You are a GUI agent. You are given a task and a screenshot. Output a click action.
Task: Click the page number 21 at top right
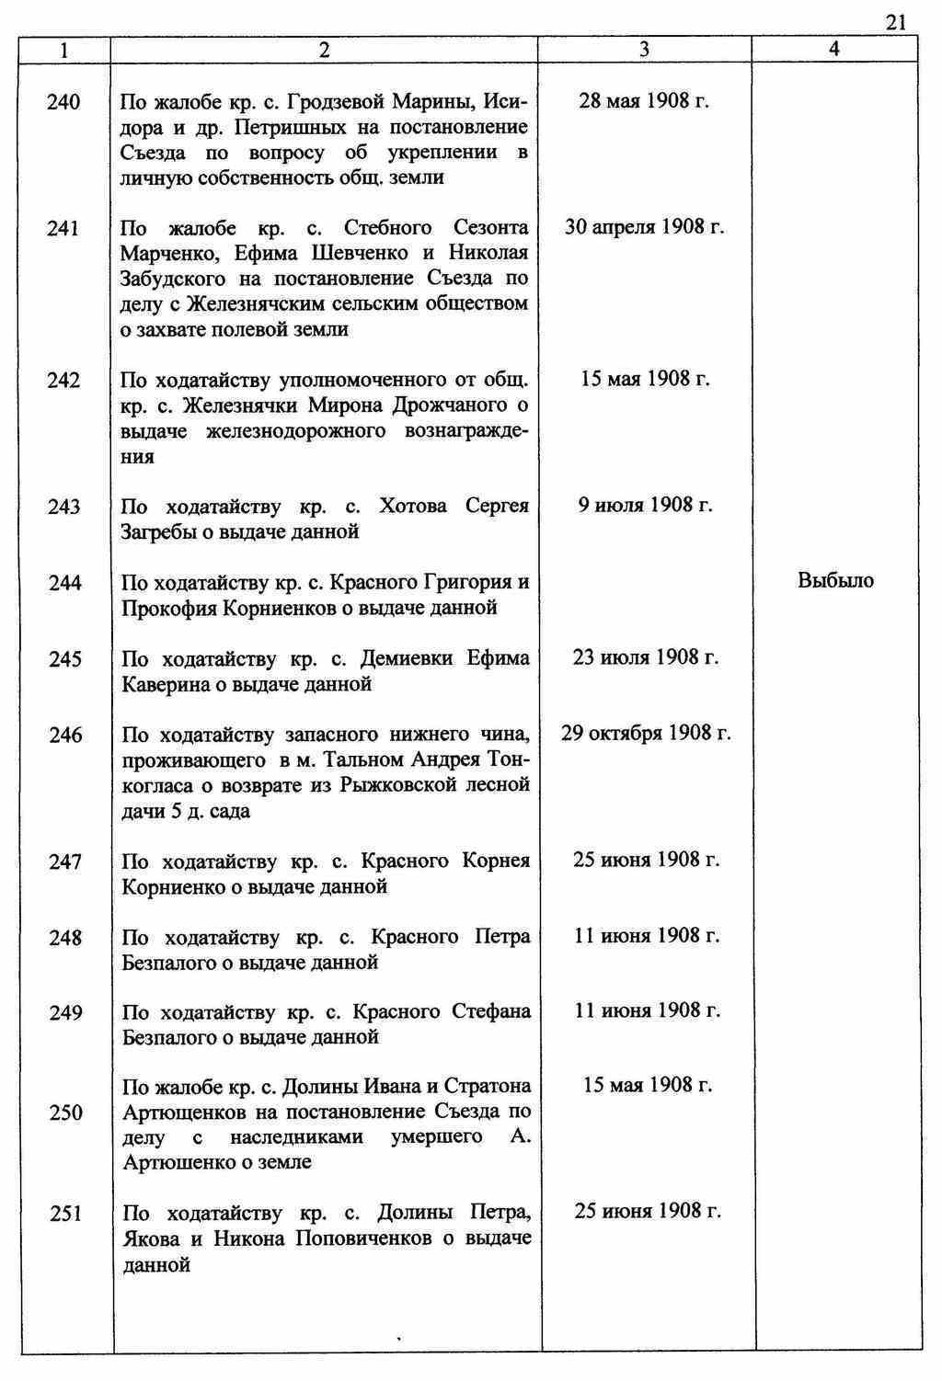click(897, 23)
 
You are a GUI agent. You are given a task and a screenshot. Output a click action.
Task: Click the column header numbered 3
click(644, 51)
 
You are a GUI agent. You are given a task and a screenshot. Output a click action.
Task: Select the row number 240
click(63, 102)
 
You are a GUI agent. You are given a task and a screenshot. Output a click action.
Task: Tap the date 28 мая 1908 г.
click(644, 100)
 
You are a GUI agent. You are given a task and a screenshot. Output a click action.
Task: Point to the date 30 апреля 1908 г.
click(644, 226)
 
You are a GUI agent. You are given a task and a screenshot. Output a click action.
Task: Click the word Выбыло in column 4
click(835, 580)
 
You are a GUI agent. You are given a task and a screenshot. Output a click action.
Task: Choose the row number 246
click(64, 735)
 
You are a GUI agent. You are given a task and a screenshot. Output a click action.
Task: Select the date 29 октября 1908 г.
click(646, 733)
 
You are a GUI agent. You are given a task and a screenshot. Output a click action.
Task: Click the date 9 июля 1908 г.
click(645, 504)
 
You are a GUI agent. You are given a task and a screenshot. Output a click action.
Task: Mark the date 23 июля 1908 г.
click(645, 656)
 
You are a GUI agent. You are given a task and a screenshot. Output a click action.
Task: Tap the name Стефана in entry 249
click(491, 1011)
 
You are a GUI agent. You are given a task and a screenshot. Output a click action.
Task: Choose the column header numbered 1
click(63, 51)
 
